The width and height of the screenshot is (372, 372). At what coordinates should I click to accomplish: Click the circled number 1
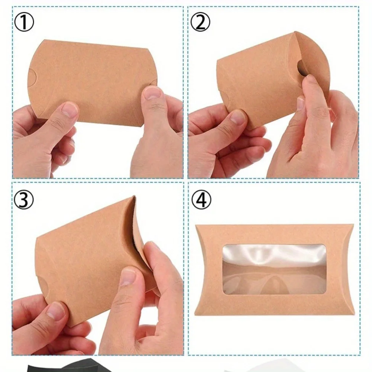24,23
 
